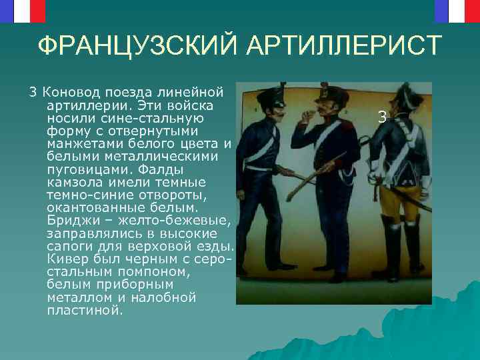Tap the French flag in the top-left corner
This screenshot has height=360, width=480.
coord(23,10)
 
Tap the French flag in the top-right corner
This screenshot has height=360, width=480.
coord(457,10)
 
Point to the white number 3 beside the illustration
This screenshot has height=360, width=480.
coord(381,117)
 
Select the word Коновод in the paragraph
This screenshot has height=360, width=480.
coord(66,91)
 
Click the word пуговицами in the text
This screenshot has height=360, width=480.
coord(80,169)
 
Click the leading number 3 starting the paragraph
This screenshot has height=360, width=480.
coord(31,91)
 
